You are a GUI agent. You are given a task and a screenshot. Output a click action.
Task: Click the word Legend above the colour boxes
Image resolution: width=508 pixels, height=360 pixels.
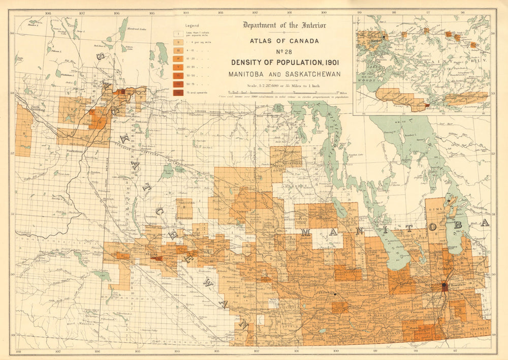point(192,25)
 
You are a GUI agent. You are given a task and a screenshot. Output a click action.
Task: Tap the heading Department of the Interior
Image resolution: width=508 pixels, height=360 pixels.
point(284,25)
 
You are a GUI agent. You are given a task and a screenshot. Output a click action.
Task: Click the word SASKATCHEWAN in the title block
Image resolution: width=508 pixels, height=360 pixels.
point(313,74)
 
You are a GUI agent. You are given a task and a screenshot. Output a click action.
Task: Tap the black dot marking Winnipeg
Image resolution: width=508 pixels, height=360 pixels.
point(444,286)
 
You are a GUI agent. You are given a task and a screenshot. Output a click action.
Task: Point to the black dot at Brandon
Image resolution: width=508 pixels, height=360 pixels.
point(335,294)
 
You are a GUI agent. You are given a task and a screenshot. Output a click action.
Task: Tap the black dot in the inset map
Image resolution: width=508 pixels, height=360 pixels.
point(385,37)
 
